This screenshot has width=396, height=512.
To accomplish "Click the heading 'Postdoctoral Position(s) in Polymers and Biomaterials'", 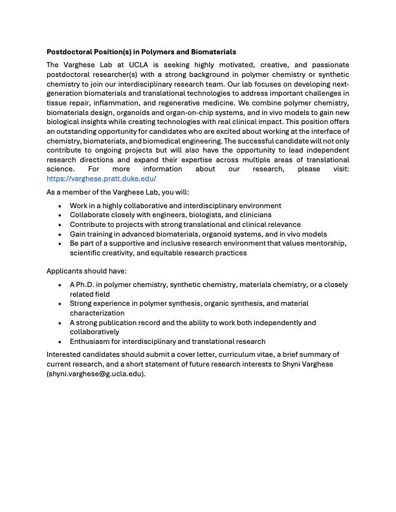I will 141,51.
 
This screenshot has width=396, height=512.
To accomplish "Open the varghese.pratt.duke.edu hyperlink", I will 101,178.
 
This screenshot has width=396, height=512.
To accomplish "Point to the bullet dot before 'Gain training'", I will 60,233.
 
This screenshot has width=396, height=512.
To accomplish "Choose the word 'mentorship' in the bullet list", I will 326,243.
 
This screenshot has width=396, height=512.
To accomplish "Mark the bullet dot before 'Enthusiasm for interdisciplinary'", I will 60,341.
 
